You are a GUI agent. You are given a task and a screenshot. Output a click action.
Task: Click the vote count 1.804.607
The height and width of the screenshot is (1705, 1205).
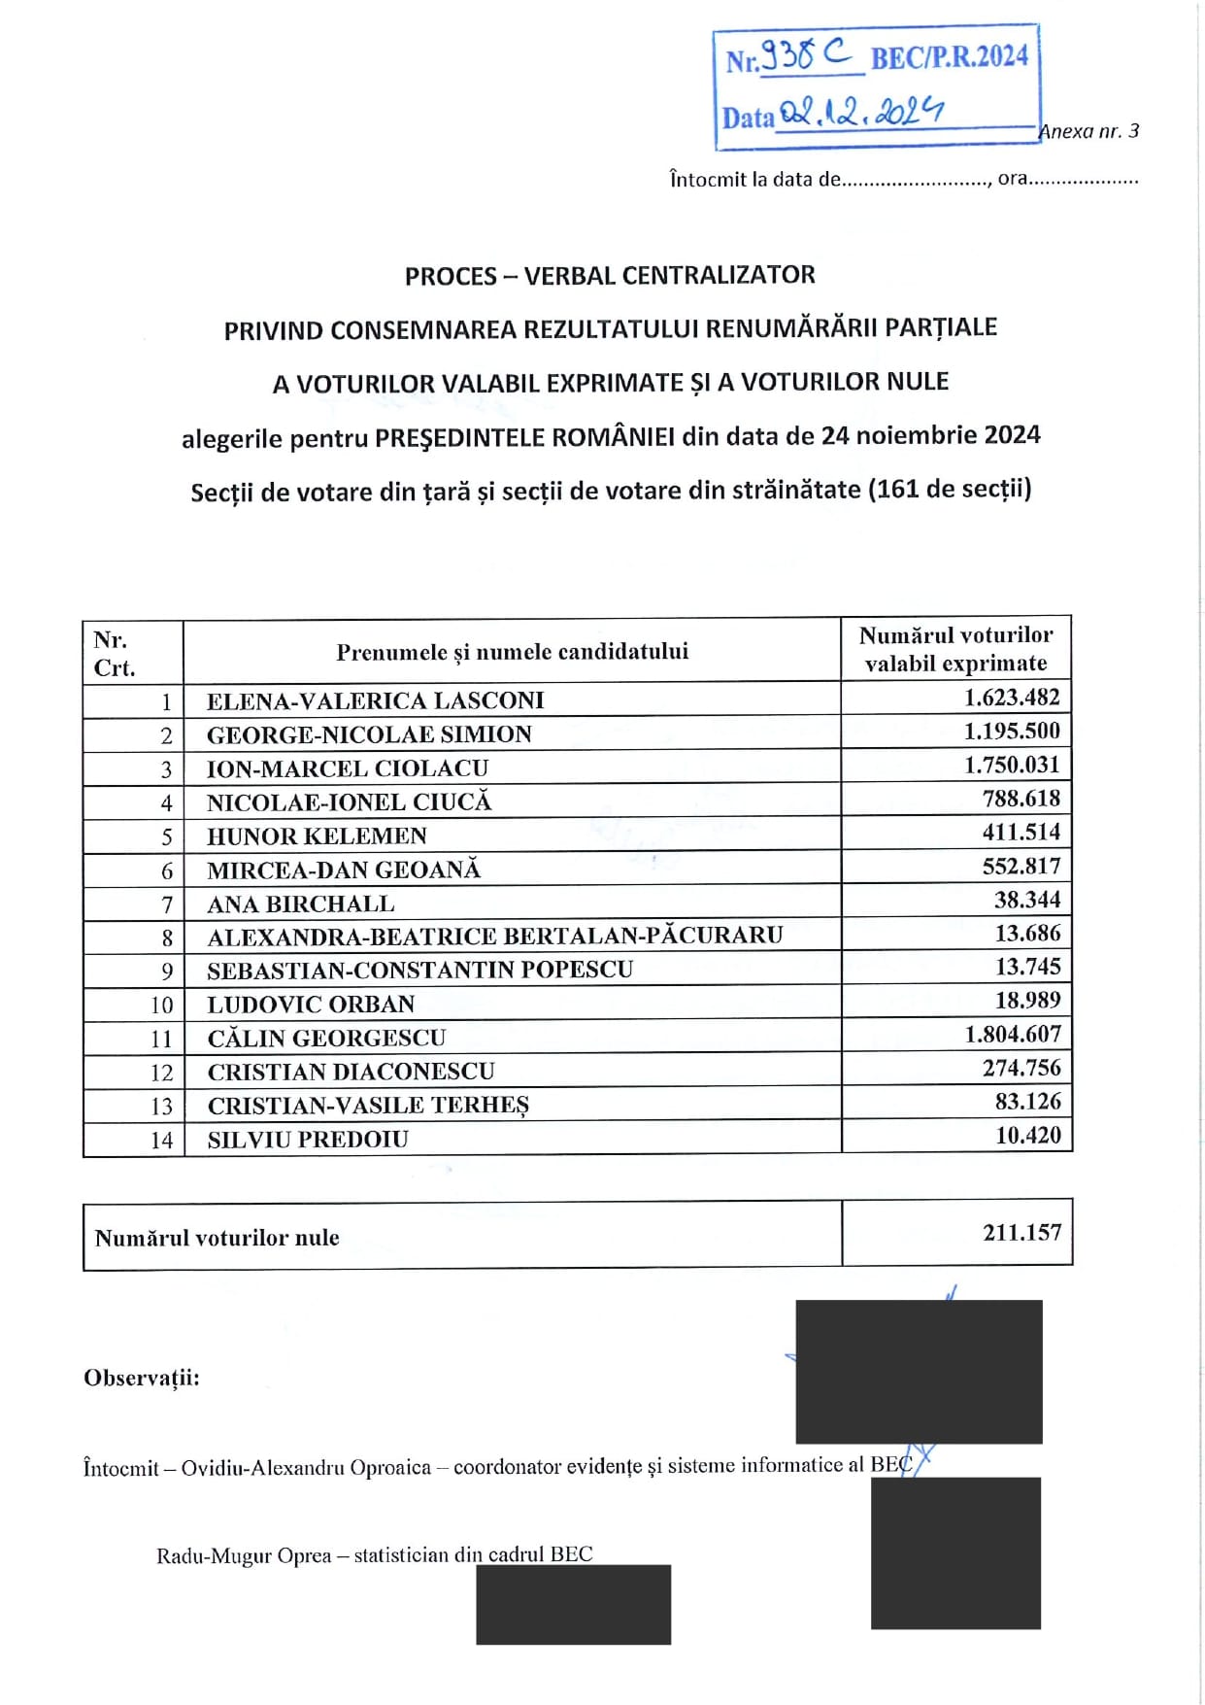1012,1035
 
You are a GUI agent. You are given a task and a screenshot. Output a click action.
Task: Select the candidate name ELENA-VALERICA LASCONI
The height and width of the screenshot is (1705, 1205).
375,700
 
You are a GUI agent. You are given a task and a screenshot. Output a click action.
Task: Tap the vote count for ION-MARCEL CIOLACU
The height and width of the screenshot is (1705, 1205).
1012,766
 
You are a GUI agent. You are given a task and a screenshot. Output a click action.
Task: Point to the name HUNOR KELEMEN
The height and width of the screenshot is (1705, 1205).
317,836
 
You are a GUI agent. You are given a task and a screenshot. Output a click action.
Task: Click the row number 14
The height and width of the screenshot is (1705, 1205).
161,1141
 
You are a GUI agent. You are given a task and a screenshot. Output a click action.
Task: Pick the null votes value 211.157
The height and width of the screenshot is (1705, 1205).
1021,1233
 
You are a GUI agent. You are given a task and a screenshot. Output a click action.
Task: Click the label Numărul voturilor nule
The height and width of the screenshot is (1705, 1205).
217,1238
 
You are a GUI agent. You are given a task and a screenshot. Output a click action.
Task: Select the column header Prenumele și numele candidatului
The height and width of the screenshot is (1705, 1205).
512,652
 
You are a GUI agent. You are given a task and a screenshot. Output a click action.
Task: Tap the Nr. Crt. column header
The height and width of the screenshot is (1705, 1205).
114,654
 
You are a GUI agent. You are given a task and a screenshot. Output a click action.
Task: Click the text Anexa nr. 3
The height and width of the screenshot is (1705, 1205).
1089,131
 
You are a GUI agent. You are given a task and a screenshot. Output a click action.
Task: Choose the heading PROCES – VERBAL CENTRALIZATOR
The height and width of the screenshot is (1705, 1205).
610,276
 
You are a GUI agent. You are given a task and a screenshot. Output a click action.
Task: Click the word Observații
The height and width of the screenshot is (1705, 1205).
142,1378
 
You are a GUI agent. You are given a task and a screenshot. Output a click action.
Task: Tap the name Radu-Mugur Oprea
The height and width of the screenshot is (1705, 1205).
244,1555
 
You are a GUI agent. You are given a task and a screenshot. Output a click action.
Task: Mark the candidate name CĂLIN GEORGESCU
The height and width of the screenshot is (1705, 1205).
326,1039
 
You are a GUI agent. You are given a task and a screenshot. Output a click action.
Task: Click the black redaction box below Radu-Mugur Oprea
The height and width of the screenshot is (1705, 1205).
573,1604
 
